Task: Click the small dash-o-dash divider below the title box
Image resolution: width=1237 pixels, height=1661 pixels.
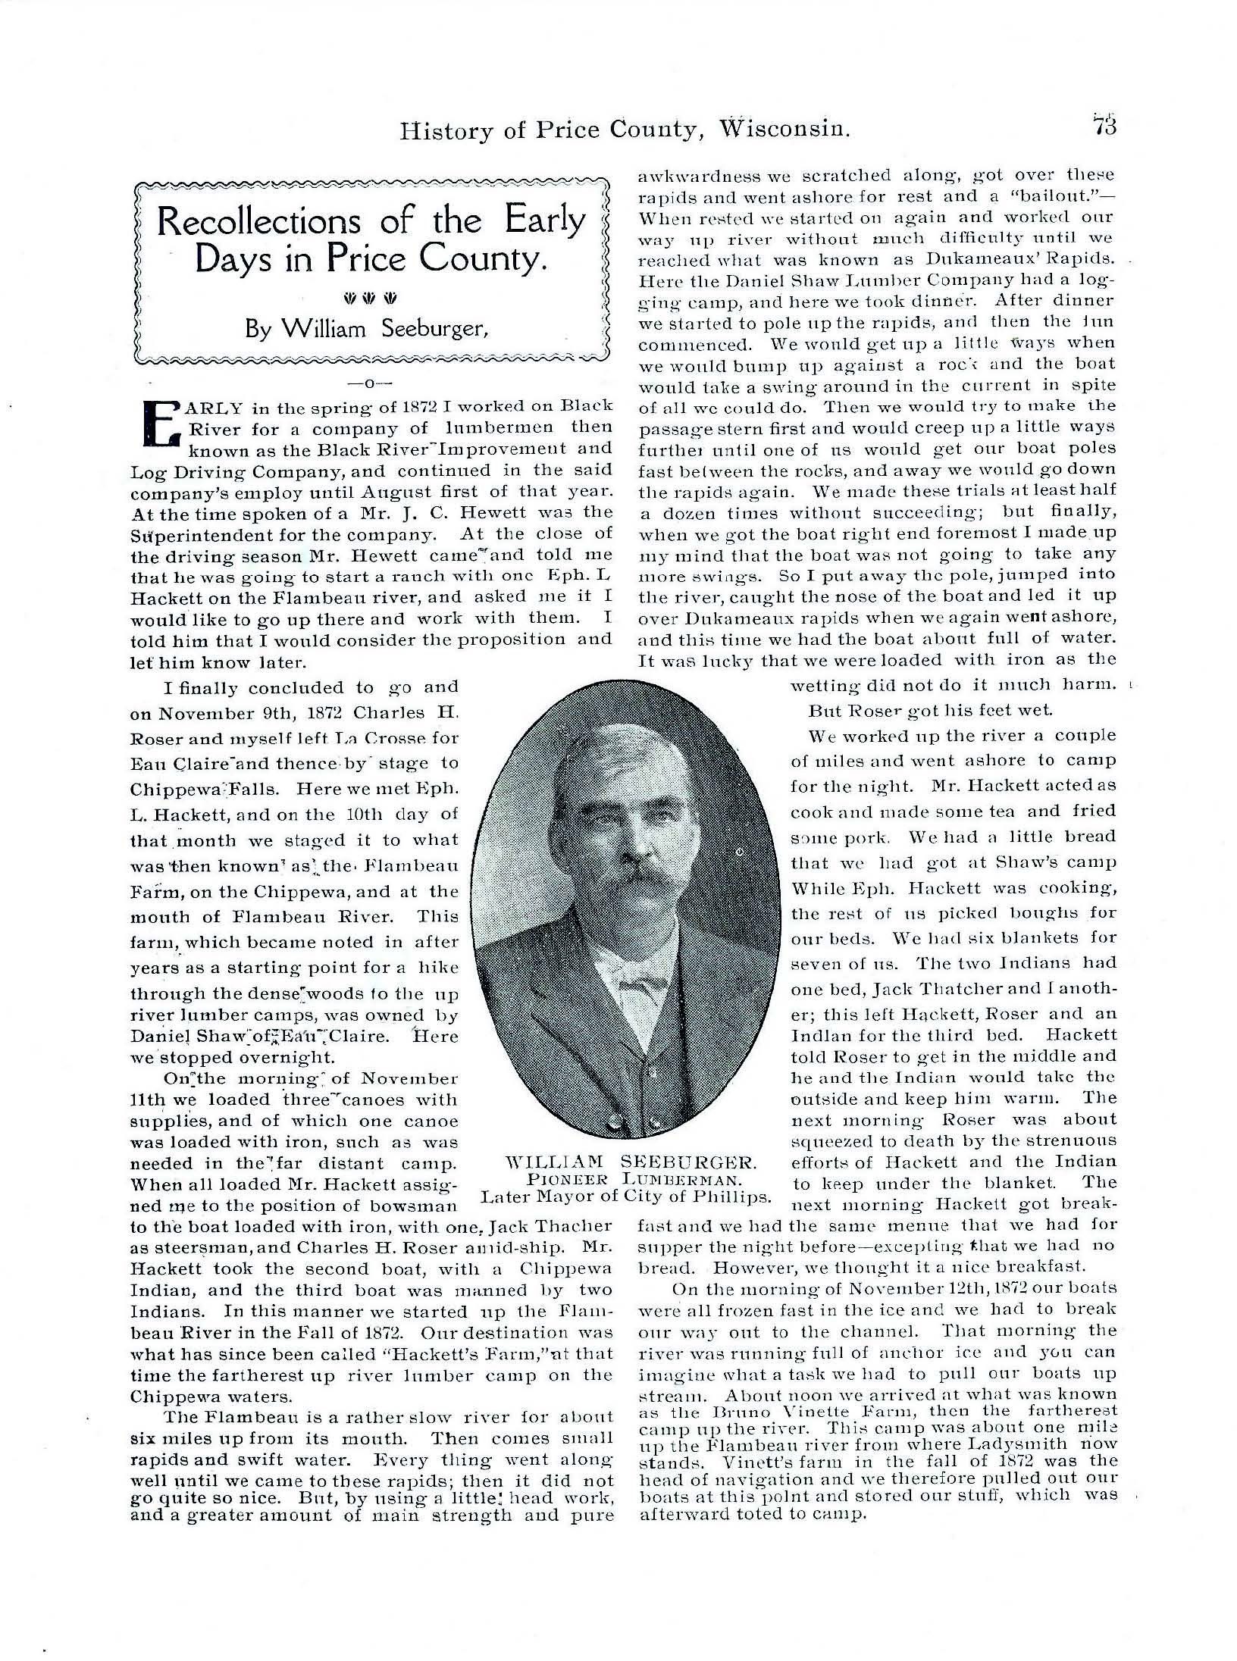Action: click(371, 383)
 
